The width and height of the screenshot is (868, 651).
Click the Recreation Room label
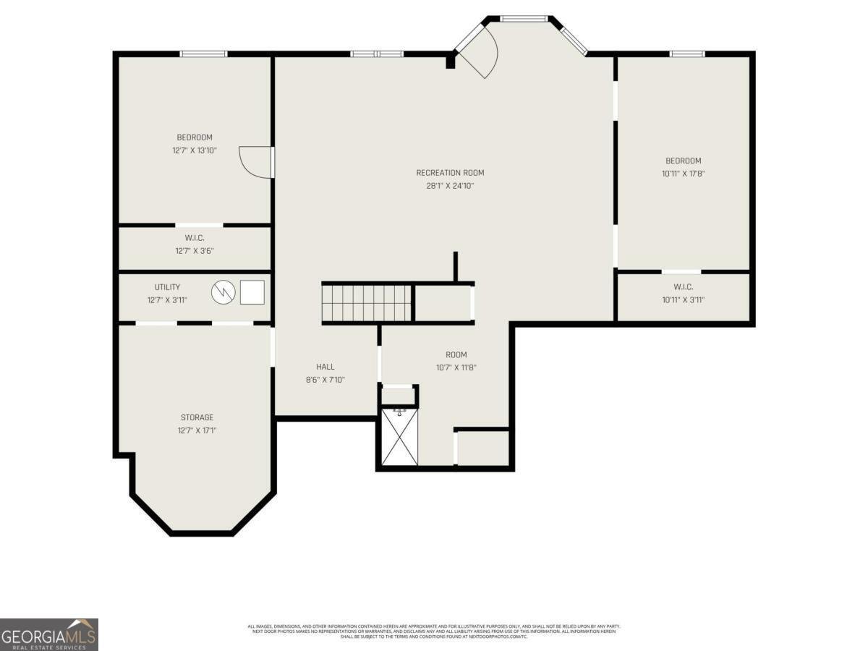pos(450,173)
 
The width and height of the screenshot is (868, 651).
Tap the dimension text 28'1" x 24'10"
pos(450,186)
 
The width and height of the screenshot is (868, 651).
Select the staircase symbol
pos(367,302)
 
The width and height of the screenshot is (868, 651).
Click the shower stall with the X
pos(399,438)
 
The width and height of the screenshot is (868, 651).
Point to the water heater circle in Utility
pos(224,292)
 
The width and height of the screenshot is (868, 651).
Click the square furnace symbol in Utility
pos(252,292)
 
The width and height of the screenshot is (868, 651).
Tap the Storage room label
pos(197,417)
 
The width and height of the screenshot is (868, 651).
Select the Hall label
pos(325,367)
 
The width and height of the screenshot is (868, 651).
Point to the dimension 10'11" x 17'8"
pos(684,174)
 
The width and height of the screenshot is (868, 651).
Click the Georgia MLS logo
pos(49,634)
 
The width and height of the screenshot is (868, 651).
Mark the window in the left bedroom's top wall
pos(203,54)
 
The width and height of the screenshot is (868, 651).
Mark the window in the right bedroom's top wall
pos(686,54)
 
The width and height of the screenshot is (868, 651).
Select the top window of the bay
pos(524,19)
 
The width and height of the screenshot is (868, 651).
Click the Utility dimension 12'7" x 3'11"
pos(167,300)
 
